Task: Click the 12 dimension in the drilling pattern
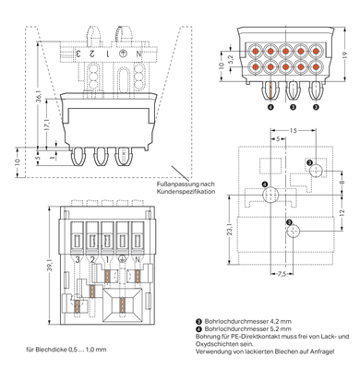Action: [x=342, y=214]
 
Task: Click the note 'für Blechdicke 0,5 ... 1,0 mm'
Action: [x=66, y=349]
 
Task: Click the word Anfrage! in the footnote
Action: [x=333, y=354]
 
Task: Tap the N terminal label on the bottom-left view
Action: [x=138, y=261]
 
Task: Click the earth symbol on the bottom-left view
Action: [x=122, y=261]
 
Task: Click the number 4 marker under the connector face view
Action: [x=270, y=107]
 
